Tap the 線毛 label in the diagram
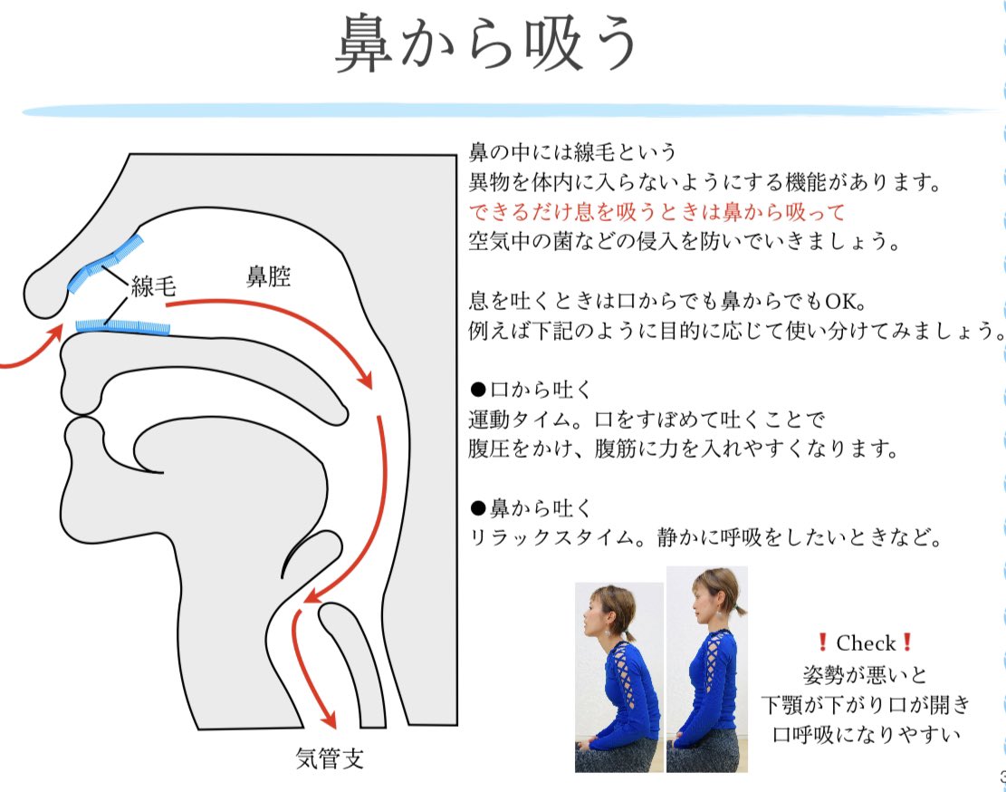coord(153,288)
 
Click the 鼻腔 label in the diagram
coord(269,276)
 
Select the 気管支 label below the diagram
coord(330,758)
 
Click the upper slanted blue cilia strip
coord(106,264)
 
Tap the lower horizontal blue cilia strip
coord(123,325)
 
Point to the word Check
coord(865,643)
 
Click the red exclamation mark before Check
coord(822,643)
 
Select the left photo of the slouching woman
coord(618,677)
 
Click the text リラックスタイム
coord(540,537)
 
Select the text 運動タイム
coord(515,420)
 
